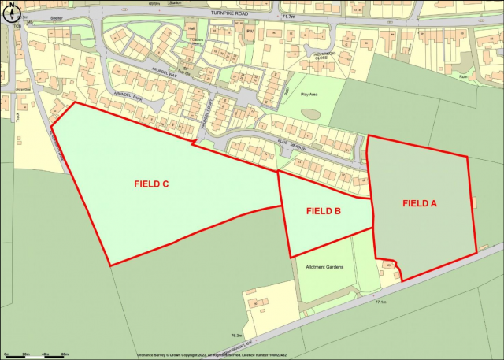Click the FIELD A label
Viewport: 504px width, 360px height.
click(x=420, y=203)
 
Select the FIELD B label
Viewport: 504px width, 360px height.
click(x=324, y=211)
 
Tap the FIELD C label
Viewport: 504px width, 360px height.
click(x=152, y=185)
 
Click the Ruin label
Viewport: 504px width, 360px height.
click(x=463, y=77)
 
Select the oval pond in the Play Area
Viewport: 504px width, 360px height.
click(x=310, y=113)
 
